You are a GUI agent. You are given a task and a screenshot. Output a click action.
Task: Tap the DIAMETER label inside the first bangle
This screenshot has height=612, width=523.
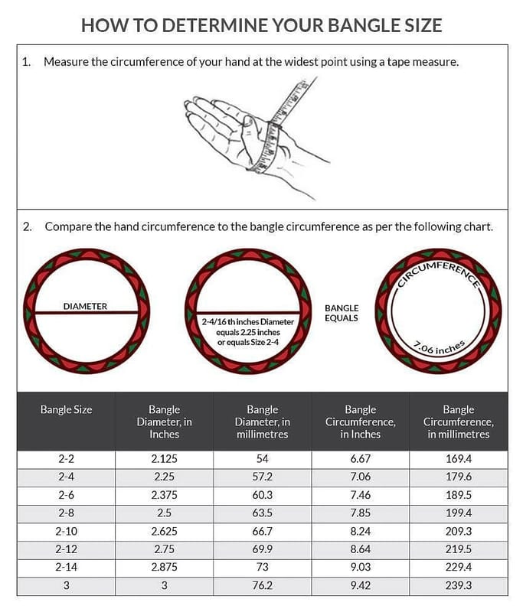point(85,306)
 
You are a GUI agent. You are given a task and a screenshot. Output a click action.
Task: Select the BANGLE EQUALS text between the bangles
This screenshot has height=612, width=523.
point(342,313)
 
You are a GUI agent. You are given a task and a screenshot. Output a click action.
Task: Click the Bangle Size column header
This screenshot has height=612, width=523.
point(66,410)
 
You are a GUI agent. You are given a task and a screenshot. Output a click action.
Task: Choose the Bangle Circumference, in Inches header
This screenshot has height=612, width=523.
point(360,422)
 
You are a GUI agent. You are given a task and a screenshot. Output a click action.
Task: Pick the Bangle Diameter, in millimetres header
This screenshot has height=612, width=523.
point(262,422)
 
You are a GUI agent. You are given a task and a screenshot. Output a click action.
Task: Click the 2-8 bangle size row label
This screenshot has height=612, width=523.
point(66,512)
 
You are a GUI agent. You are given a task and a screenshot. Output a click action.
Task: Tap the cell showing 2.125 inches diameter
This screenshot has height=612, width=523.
point(164,460)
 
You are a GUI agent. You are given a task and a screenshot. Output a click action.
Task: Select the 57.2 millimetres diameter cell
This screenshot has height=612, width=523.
point(262,477)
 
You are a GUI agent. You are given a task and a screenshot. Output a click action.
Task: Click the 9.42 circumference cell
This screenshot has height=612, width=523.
point(360,584)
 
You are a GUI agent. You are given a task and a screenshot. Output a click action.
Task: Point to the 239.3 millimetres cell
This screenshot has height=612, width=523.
point(458,584)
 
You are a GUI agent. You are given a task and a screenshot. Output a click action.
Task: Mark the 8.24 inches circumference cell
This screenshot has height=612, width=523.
point(360,531)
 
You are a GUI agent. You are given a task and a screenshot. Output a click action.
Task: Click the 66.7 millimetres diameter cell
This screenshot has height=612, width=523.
point(262,531)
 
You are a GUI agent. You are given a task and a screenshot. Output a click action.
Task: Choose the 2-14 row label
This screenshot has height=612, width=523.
point(66,567)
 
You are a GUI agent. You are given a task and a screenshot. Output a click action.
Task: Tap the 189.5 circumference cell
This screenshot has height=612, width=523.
point(458,495)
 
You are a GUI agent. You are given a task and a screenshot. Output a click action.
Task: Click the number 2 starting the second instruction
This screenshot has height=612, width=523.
point(27,226)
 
